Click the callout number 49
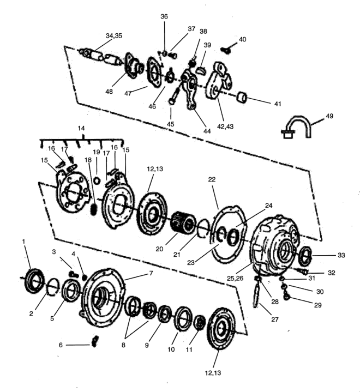tap(329, 116)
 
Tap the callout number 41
tap(278, 104)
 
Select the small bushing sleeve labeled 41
tap(242, 97)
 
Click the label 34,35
tap(114, 36)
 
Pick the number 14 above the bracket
tap(81, 128)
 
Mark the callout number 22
tap(212, 179)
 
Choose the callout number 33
tap(341, 255)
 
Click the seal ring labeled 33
tap(305, 255)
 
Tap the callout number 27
tap(275, 319)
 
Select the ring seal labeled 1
tap(34, 280)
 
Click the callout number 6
tap(61, 345)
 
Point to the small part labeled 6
tap(95, 341)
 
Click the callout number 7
tap(151, 273)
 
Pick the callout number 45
tap(170, 124)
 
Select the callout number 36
tap(164, 16)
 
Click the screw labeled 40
tap(226, 50)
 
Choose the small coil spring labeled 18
tap(93, 209)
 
